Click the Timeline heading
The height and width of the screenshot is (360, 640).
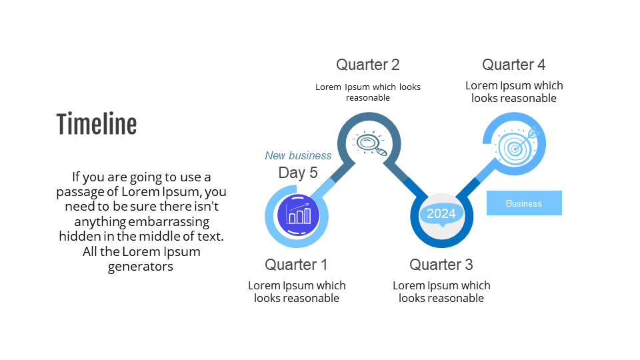(x=97, y=125)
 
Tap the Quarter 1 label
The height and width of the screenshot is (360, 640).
(x=296, y=265)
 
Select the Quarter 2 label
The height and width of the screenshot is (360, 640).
(x=367, y=65)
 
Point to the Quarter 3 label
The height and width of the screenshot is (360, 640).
(x=441, y=265)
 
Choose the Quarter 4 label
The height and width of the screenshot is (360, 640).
(x=513, y=65)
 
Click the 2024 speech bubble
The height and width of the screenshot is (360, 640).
(x=441, y=214)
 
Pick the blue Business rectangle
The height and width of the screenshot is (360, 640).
(x=524, y=203)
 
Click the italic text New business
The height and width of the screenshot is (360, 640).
(x=298, y=155)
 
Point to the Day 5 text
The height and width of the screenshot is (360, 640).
(x=298, y=173)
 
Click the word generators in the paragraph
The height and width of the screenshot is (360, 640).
(x=141, y=267)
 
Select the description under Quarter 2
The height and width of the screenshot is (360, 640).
(x=367, y=92)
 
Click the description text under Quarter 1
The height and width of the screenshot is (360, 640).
(x=297, y=291)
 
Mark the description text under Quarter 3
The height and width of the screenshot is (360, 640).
(x=441, y=291)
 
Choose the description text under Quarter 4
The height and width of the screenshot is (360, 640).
(x=514, y=91)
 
